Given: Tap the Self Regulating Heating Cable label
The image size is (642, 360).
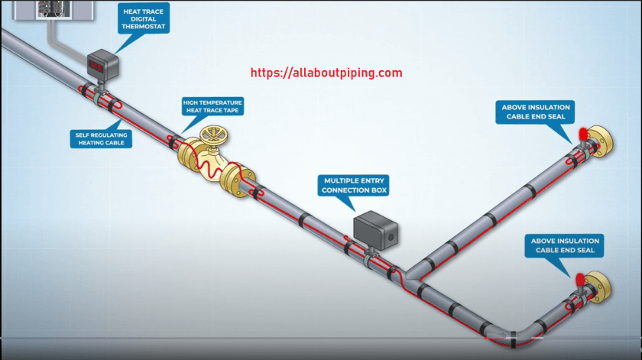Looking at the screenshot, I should click(101, 138).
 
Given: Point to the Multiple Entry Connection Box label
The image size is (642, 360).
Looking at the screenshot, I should click(353, 185).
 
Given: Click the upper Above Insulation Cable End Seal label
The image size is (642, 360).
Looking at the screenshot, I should click(536, 112).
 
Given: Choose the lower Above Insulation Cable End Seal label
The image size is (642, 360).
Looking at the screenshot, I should click(566, 245).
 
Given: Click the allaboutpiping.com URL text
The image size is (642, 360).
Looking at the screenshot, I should click(326, 73).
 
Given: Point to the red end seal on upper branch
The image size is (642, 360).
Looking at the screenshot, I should click(582, 134).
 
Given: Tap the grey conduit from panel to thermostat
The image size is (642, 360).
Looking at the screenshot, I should click(60, 42).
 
